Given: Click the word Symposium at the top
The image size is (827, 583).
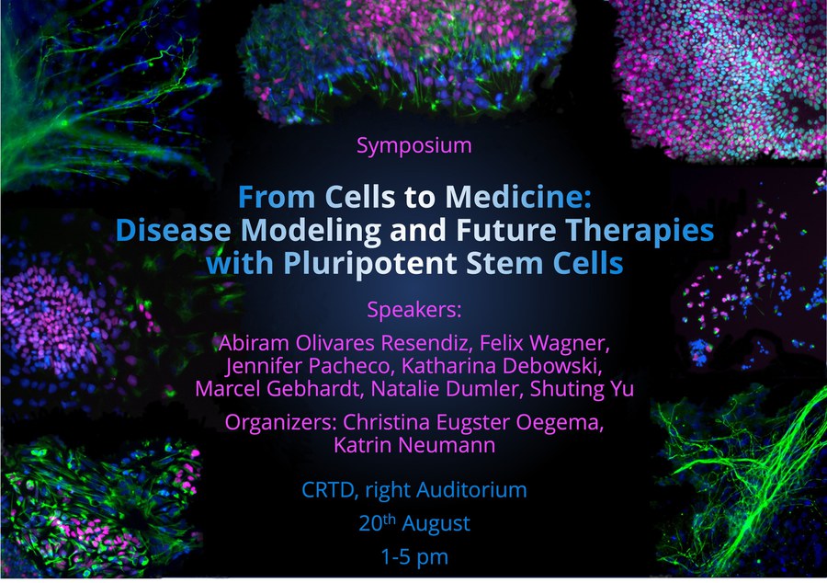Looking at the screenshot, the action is pyautogui.click(x=414, y=145).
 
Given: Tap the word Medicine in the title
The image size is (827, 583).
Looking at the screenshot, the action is pyautogui.click(x=517, y=197).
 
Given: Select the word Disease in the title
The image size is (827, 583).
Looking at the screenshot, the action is pyautogui.click(x=173, y=230).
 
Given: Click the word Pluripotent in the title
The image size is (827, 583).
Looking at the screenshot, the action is pyautogui.click(x=369, y=264).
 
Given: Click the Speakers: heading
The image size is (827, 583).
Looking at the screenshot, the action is pyautogui.click(x=414, y=310).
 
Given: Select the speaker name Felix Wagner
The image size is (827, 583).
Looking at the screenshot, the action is pyautogui.click(x=544, y=343).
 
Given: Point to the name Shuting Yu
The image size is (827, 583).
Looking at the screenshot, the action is pyautogui.click(x=582, y=389).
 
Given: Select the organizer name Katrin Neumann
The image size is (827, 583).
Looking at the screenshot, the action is pyautogui.click(x=414, y=445).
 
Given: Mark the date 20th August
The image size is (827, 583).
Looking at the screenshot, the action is pyautogui.click(x=414, y=523).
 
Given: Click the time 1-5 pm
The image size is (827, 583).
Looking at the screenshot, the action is pyautogui.click(x=414, y=556).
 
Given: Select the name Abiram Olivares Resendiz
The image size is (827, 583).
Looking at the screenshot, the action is pyautogui.click(x=344, y=343).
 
